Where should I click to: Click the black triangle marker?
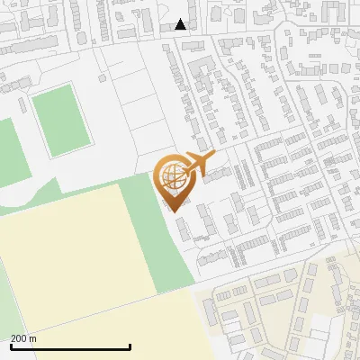[181, 24]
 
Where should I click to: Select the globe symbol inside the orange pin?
[171, 175]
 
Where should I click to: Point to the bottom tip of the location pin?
[172, 211]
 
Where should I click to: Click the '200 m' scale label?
[23, 338]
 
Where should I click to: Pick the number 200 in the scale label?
[19, 338]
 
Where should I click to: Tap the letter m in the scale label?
[32, 339]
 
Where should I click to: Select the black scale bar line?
[70, 347]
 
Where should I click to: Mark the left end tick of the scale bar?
[11, 346]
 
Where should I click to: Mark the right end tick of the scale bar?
[130, 346]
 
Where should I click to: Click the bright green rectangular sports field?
[61, 119]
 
